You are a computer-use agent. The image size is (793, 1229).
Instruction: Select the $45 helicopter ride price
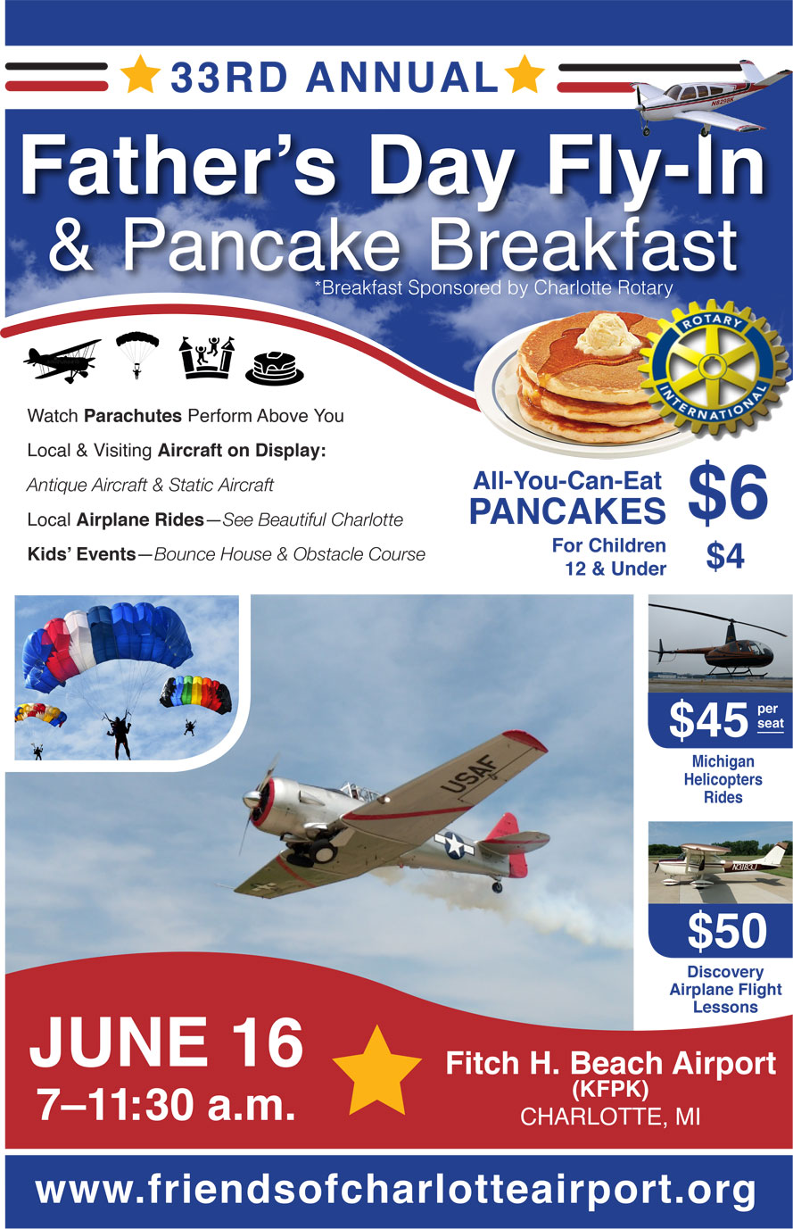tap(708, 720)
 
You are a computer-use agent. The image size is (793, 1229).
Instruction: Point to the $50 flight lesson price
tap(726, 931)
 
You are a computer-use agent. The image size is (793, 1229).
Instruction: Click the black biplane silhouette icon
tap(62, 359)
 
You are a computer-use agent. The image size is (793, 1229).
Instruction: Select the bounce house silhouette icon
tap(207, 357)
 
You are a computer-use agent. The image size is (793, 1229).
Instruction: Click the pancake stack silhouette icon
tap(274, 367)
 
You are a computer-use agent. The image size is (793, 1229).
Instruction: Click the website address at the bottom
tap(395, 1191)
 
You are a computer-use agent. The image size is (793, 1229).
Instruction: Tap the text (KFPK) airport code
tap(609, 1090)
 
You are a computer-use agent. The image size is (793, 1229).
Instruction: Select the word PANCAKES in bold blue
tap(567, 511)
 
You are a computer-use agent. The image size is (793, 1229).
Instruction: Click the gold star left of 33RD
tap(141, 75)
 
